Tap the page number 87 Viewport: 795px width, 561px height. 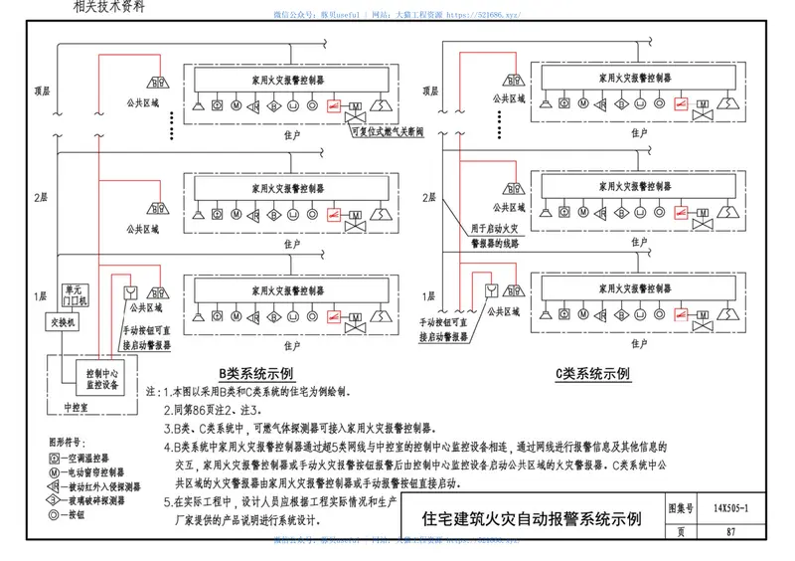coord(730,531)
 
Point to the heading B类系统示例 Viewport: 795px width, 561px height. coord(256,374)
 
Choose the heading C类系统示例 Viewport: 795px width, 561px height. coord(593,374)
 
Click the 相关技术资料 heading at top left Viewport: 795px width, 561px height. coord(108,6)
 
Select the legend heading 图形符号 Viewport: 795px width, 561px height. coord(62,440)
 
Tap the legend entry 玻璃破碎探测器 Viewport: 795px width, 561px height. coord(93,501)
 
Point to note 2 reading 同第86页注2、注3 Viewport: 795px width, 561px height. coord(213,410)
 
